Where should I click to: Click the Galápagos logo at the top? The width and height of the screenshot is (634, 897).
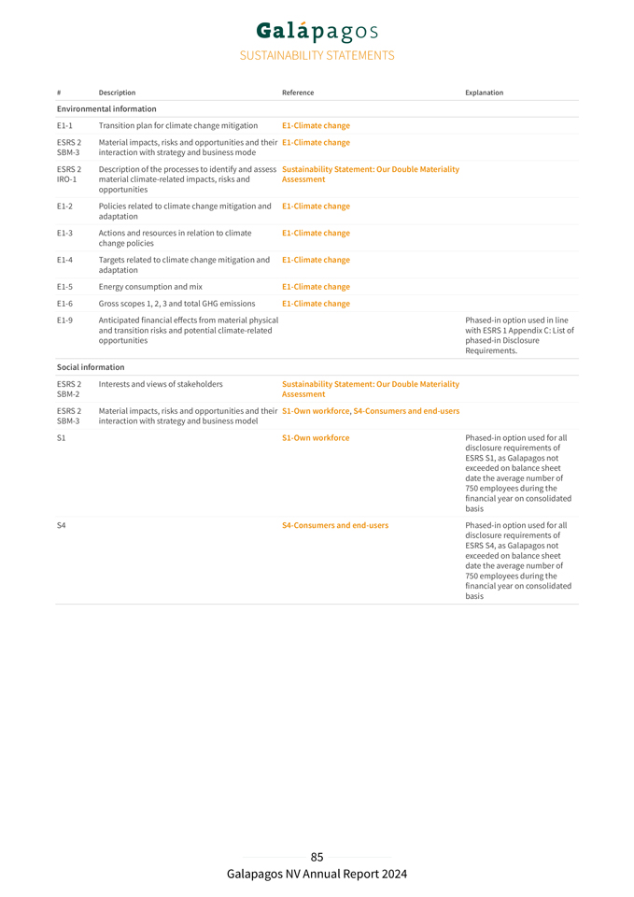point(317,31)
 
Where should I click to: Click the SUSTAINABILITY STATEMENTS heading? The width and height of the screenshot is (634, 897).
point(317,56)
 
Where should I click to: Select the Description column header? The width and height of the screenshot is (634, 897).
point(117,93)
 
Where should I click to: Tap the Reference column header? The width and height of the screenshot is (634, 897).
point(298,93)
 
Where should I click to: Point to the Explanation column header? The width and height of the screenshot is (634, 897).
point(484,93)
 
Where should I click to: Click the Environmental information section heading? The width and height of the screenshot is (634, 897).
point(106,109)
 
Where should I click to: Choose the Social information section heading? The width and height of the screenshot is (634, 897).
point(91,367)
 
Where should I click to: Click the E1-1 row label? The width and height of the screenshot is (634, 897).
point(64,125)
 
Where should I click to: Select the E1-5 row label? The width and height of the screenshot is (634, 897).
point(64,287)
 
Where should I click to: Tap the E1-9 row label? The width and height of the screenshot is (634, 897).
point(64,320)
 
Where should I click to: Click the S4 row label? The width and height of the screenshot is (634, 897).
point(62,525)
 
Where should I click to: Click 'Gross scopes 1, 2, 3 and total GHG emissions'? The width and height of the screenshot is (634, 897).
point(176,304)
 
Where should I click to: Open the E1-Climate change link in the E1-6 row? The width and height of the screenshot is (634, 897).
point(316,304)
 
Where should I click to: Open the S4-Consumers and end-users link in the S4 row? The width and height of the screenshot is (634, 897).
point(335,525)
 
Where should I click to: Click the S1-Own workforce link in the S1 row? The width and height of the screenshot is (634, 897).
point(316,438)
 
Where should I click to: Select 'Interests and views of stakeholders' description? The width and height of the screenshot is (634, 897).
point(161,384)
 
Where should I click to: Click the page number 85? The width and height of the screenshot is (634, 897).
point(317,857)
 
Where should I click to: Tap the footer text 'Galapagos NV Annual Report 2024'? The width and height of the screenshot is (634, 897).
point(317,875)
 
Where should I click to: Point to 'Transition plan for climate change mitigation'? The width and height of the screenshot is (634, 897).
point(178,125)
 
